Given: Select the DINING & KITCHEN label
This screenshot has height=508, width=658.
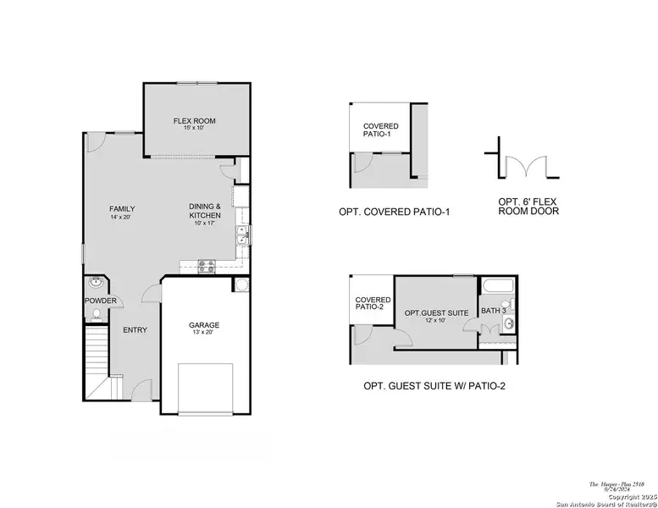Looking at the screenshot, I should point(205,211).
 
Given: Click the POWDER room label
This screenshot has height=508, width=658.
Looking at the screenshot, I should point(100,301).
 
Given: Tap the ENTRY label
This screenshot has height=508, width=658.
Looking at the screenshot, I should point(135,330).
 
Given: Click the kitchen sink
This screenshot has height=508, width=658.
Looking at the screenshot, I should point(242,236).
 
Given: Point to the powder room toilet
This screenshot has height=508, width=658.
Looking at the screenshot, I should point(96,315).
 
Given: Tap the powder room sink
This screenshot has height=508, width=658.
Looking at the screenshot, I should point(95,282).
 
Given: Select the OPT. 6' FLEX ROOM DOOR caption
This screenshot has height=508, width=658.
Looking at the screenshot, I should point(528,206).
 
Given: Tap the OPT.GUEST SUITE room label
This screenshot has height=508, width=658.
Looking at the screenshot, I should point(435,312).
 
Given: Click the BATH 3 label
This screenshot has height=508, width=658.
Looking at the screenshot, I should point(493,311).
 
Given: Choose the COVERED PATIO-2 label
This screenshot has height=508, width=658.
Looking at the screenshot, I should point(373,304).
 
